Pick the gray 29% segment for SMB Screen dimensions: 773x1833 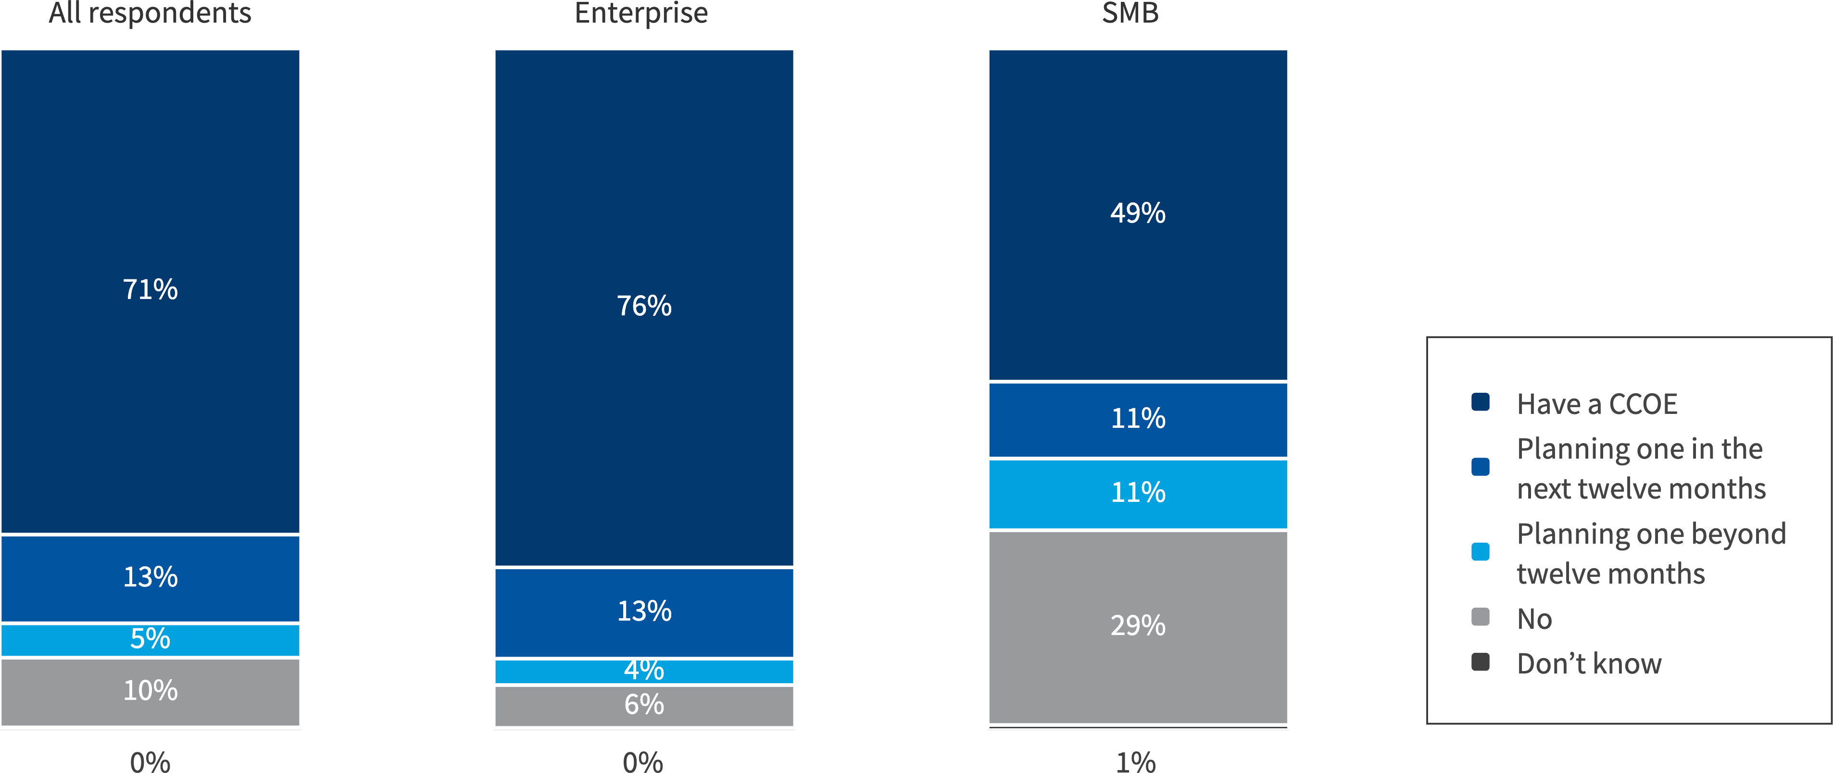tap(1138, 626)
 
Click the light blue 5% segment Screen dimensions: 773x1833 tap(150, 639)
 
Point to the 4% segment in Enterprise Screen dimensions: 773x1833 tap(644, 671)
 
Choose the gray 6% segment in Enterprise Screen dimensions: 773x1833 tap(644, 705)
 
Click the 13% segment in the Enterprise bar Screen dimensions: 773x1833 tap(644, 611)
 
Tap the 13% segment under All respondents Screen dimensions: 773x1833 tap(150, 577)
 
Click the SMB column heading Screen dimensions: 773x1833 tap(1130, 13)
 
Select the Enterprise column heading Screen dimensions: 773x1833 tap(640, 13)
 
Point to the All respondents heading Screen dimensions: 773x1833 tap(150, 13)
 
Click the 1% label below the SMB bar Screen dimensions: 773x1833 tap(1136, 761)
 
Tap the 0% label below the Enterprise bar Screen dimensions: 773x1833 tap(642, 761)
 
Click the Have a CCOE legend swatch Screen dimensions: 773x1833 tap(1480, 402)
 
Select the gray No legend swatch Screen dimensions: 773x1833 tap(1480, 617)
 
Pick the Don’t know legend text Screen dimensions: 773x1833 tap(1589, 663)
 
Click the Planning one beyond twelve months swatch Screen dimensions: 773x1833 tap(1480, 552)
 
